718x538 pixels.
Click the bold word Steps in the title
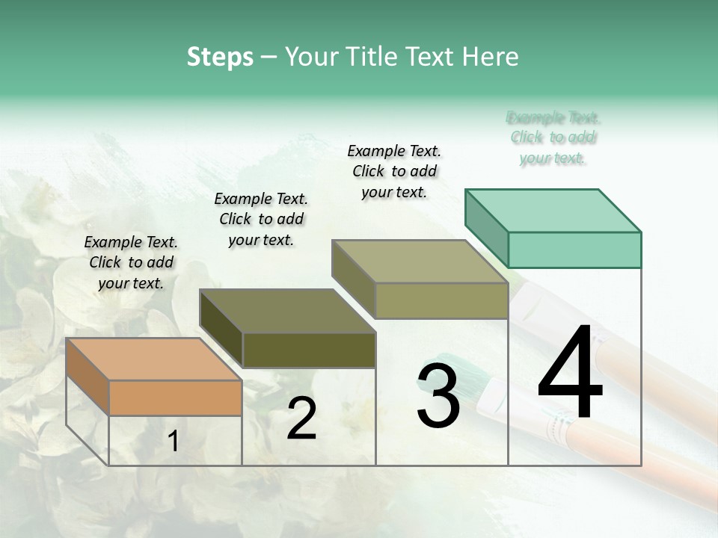coord(220,57)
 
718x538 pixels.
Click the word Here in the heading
coord(491,57)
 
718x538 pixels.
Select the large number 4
coord(570,374)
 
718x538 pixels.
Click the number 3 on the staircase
coord(438,395)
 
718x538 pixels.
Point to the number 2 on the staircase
coord(301,418)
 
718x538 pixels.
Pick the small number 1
coord(174,442)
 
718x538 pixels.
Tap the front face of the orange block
coord(176,398)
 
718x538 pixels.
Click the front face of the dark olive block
coord(309,350)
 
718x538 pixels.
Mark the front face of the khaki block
coord(441,300)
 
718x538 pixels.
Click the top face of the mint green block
coord(553,210)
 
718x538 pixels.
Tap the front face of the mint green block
coord(574,250)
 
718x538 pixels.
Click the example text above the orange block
coord(131,262)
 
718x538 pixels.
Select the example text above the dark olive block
coord(261,219)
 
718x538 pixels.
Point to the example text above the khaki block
coord(394,171)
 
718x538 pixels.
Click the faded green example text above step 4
coord(553,137)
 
